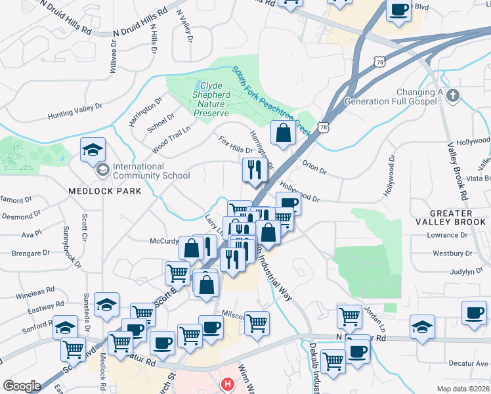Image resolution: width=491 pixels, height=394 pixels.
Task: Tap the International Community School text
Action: [151, 171]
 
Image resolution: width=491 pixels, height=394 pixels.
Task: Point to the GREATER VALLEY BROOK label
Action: [451, 218]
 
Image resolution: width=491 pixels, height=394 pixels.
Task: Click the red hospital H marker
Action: [228, 383]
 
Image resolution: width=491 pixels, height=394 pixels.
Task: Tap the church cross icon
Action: [452, 97]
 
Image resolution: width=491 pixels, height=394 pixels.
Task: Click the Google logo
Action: [22, 386]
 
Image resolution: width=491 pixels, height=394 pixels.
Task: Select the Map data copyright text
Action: [462, 389]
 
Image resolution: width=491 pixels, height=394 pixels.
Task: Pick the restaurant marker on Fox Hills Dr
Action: [254, 171]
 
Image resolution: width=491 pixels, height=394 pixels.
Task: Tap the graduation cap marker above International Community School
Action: [93, 150]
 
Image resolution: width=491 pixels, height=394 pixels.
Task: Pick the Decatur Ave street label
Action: [466, 362]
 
